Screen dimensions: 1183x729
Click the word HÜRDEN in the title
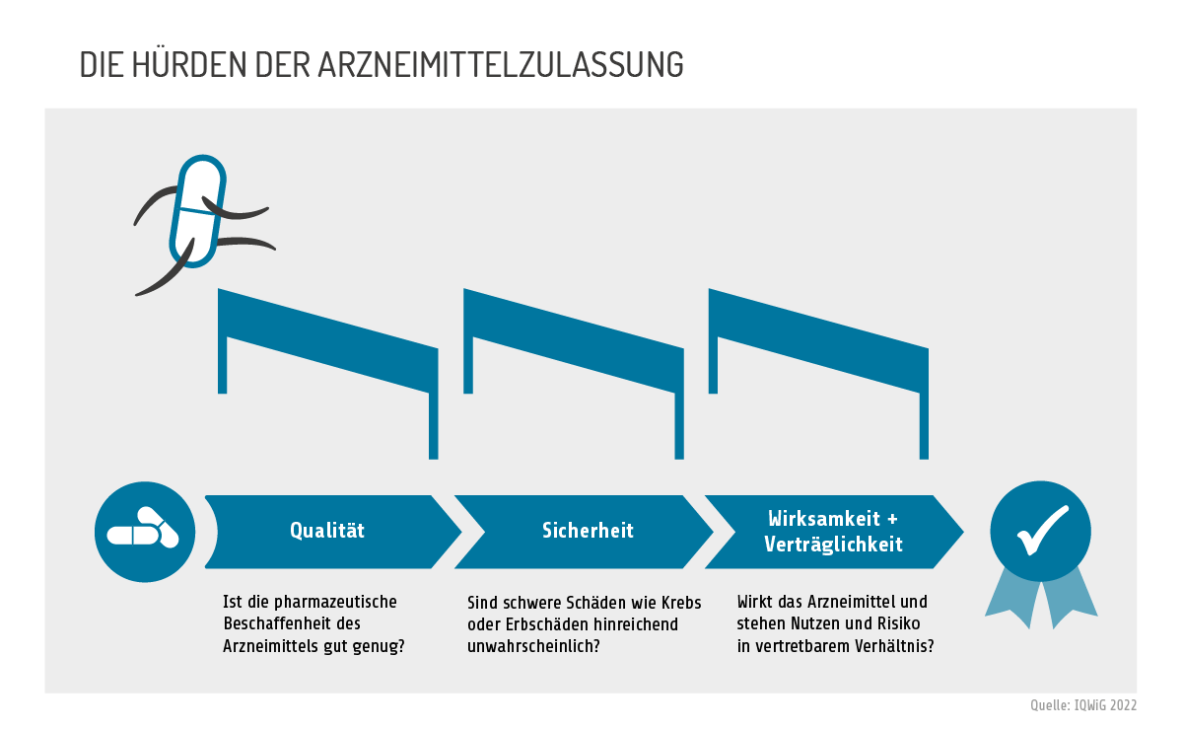[189, 64]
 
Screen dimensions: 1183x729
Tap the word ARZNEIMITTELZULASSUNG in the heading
[500, 65]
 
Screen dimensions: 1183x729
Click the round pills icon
[145, 532]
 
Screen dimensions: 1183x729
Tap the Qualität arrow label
[327, 531]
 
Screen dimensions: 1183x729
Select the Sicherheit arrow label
[588, 531]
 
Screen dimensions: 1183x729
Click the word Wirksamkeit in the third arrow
[824, 519]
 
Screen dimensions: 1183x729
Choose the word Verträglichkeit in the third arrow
[833, 545]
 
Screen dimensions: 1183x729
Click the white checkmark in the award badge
[1043, 531]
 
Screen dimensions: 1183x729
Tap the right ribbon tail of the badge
[1071, 599]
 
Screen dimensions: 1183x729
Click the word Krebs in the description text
[682, 603]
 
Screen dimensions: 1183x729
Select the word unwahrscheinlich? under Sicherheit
[534, 646]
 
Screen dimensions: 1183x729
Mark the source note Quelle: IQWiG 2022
[1083, 705]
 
